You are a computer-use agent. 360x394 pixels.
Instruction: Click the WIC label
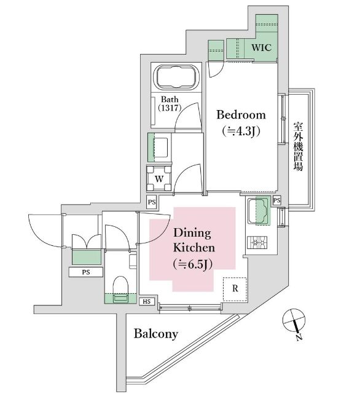(x=261, y=47)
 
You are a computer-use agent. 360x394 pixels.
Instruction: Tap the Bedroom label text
(x=241, y=115)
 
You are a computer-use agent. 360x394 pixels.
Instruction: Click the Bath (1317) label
(x=170, y=103)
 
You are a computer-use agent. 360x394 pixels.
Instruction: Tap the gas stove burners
(x=257, y=242)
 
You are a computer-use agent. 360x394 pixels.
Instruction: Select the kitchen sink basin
(x=259, y=211)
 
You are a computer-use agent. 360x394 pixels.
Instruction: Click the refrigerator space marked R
(x=235, y=289)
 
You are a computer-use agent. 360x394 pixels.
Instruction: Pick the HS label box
(x=147, y=302)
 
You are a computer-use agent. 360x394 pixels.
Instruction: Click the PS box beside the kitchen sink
(x=276, y=200)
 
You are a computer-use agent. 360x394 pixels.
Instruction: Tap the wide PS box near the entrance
(x=86, y=272)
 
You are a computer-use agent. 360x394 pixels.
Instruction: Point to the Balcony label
(x=156, y=334)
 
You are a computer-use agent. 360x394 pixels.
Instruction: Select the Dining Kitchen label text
(x=194, y=240)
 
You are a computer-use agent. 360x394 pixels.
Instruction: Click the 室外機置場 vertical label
(x=298, y=146)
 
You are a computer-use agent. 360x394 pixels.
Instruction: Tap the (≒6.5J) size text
(x=193, y=264)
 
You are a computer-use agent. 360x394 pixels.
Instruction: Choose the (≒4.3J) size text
(x=241, y=131)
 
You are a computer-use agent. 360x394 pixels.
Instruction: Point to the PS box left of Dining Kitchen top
(x=152, y=202)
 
